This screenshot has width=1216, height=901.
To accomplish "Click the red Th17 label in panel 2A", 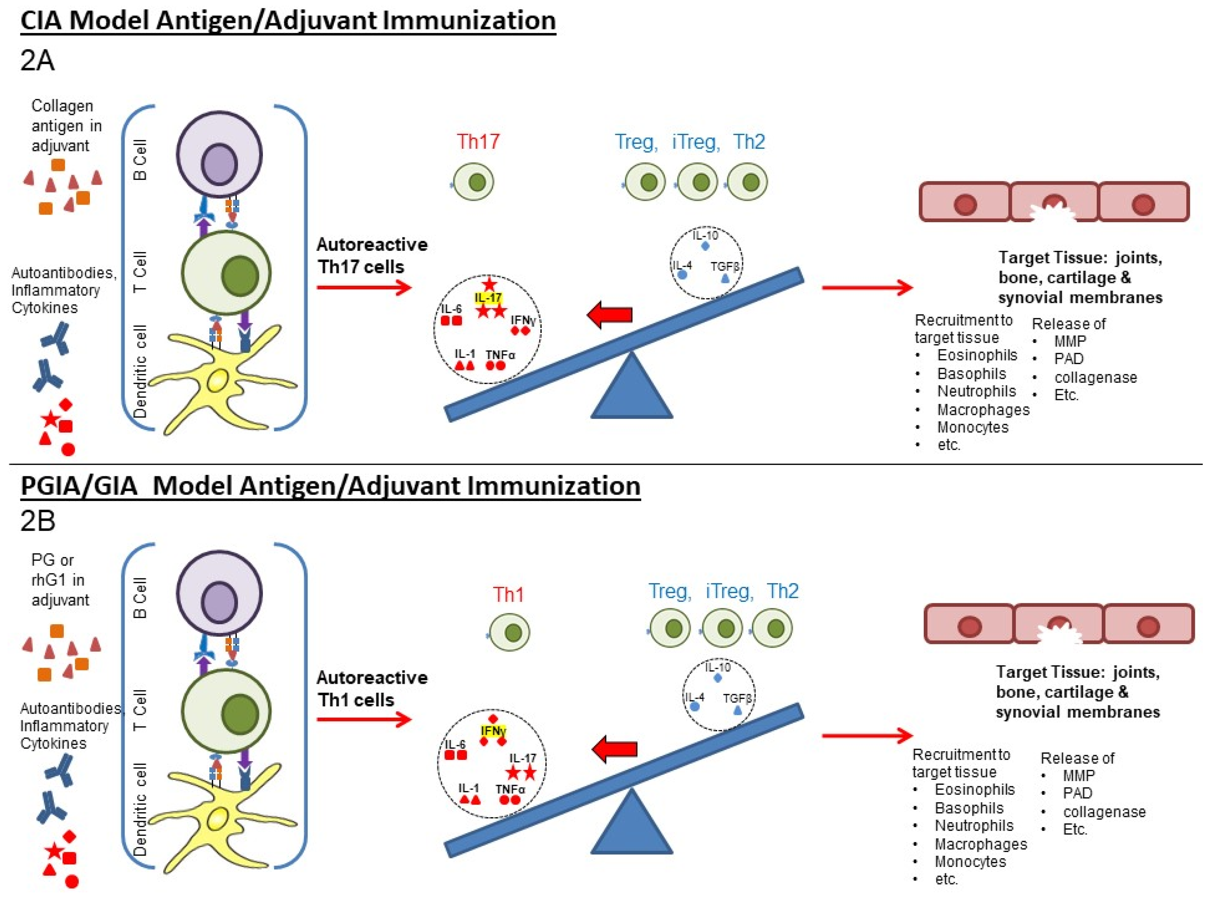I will pos(478,142).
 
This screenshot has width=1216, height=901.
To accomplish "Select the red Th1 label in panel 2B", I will pos(508,595).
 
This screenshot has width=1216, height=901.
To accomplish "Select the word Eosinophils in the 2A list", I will pos(977,355).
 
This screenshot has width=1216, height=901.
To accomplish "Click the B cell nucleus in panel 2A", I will pos(219,164).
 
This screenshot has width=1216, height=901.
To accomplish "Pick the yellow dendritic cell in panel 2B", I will pos(218,818).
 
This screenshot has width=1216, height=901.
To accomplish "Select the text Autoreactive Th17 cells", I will pos(372,255).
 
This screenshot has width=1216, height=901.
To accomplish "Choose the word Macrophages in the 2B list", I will pos(981,844).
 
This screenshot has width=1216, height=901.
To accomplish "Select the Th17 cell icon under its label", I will pos(474,182).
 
